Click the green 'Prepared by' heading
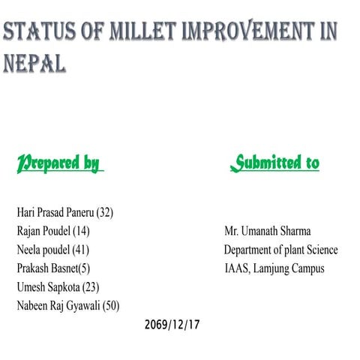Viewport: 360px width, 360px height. pos(58,163)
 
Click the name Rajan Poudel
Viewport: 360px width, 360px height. pos(44,231)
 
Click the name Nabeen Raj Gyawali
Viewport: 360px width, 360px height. pos(57,306)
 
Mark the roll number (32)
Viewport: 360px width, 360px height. pos(102,212)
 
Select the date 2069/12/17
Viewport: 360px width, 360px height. pos(172,325)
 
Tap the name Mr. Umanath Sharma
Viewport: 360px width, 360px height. pos(267,231)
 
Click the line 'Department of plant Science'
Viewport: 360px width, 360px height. pos(280,250)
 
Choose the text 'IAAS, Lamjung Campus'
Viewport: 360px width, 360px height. pos(274,268)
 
